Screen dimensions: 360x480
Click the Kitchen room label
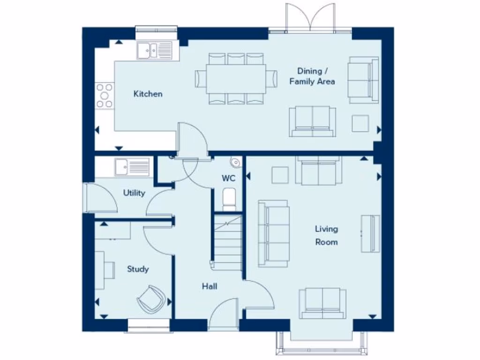pos(148,94)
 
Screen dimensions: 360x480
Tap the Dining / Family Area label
pos(312,76)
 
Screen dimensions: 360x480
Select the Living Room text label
pos(326,235)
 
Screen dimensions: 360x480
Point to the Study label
pos(138,269)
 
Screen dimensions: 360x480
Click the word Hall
pos(210,286)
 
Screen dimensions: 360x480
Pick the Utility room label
pos(134,193)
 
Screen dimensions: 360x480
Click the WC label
pos(228,179)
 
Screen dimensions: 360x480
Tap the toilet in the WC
pos(229,200)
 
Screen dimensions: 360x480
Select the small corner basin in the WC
pos(235,162)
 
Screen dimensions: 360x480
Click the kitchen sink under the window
pos(155,50)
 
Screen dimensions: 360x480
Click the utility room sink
pos(132,166)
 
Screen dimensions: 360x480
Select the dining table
pos(236,78)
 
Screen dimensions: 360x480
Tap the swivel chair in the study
pos(151,298)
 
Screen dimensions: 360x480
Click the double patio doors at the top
pos(311,19)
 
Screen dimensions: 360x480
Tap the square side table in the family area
pos(360,123)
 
